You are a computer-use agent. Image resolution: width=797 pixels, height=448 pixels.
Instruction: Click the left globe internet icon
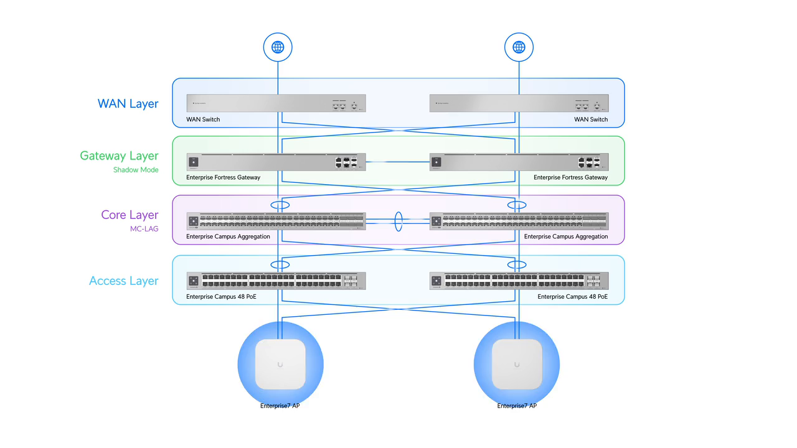point(278,47)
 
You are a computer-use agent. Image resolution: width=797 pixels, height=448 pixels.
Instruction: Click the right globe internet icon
point(519,47)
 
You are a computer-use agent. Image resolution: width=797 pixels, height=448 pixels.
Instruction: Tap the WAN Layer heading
point(128,104)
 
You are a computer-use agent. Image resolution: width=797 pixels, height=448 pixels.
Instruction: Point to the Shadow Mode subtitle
point(136,170)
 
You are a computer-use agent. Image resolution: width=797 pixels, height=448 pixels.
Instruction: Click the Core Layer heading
point(130,215)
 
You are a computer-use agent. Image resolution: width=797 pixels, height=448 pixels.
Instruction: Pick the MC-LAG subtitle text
point(144,229)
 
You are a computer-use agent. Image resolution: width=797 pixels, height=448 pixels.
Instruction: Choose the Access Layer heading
point(123,281)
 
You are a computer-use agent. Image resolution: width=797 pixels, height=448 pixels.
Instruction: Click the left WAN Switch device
point(276,103)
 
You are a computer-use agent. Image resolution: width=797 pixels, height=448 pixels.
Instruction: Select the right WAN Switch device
point(519,103)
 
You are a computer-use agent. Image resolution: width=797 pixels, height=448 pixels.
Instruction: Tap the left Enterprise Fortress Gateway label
point(223,178)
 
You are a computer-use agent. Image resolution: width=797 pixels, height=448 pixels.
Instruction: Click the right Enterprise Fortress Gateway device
point(519,162)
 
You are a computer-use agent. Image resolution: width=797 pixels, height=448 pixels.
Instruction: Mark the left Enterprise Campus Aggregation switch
point(276,221)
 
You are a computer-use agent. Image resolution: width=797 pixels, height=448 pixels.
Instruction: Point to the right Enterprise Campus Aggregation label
point(565,237)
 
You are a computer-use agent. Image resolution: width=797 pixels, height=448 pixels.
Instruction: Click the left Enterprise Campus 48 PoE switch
point(276,281)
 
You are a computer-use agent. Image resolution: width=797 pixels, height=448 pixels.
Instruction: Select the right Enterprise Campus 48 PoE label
point(572,297)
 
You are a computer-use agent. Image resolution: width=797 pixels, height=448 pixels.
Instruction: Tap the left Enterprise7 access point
point(280,364)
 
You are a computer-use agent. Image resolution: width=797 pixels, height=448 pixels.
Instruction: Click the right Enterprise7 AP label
point(517,406)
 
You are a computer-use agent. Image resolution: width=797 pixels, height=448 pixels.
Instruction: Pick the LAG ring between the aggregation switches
point(398,220)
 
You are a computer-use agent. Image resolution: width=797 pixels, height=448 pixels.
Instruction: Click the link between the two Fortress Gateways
point(398,162)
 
